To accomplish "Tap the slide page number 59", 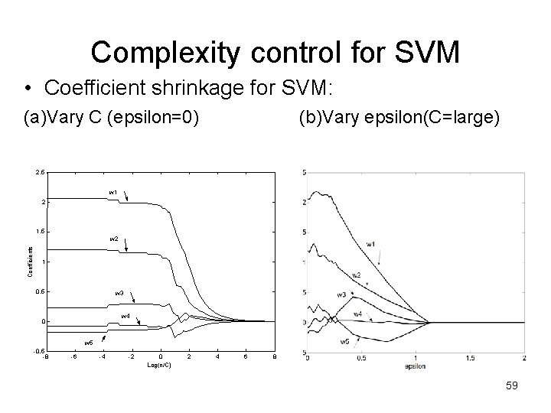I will [512, 386].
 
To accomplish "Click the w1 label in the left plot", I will [113, 192].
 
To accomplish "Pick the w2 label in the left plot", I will [113, 239].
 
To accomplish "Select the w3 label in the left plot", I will [119, 293].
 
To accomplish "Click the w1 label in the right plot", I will [371, 244].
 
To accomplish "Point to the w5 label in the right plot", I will [344, 342].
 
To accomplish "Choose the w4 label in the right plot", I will [357, 314].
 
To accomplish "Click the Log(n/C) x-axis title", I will [159, 365].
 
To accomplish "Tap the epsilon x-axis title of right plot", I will [415, 366].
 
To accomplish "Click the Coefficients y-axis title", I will [30, 261].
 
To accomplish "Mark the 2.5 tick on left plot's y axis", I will [39, 172].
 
